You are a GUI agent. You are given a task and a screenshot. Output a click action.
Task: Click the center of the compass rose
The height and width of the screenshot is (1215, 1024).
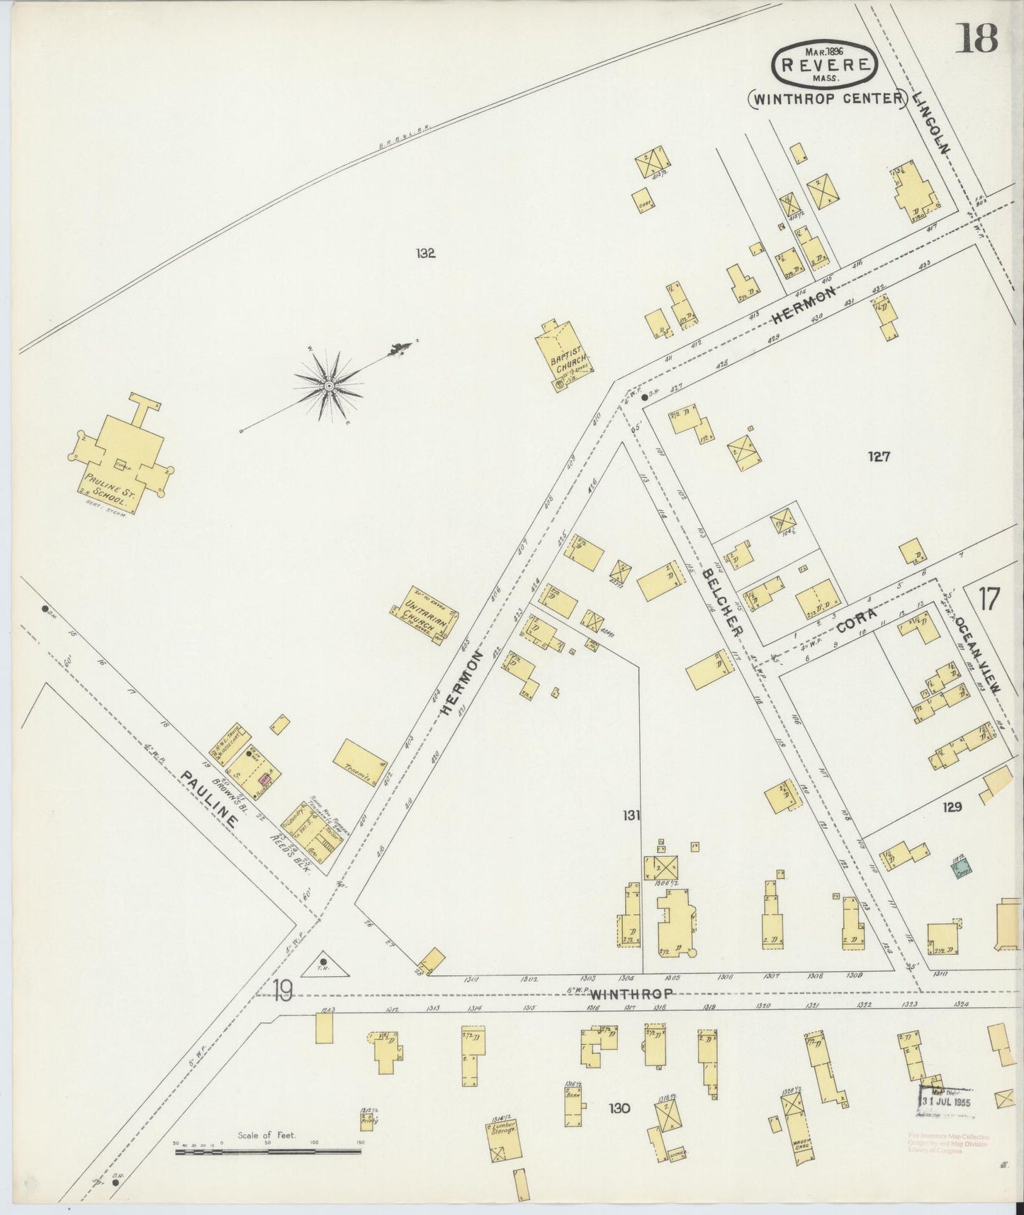click(x=329, y=385)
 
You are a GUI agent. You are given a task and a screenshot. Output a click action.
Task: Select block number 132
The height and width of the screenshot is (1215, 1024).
click(x=426, y=254)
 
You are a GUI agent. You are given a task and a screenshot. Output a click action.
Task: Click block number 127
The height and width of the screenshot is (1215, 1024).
click(x=878, y=457)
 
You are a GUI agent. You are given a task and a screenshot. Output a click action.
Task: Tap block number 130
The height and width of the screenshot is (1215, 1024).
click(x=619, y=1108)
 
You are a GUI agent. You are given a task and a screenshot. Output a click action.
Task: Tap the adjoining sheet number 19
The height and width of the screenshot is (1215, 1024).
click(x=282, y=992)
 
